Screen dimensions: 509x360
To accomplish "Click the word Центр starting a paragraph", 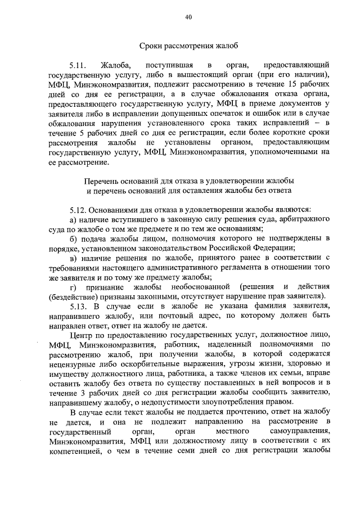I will [82, 334].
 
